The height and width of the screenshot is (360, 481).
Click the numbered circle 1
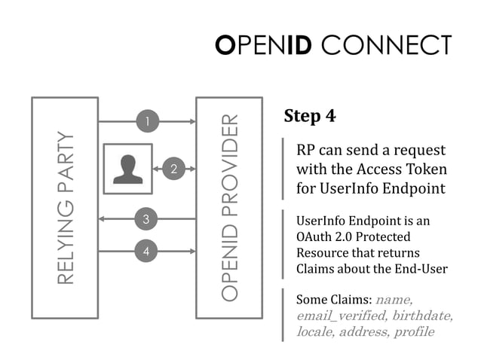pos(147,121)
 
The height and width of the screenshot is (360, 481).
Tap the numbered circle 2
pos(173,169)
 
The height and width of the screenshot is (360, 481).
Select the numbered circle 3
pos(147,219)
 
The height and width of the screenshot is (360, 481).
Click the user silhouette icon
pos(127,169)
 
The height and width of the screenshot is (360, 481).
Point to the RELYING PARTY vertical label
pos(66,208)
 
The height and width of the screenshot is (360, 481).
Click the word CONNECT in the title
pos(386,45)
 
